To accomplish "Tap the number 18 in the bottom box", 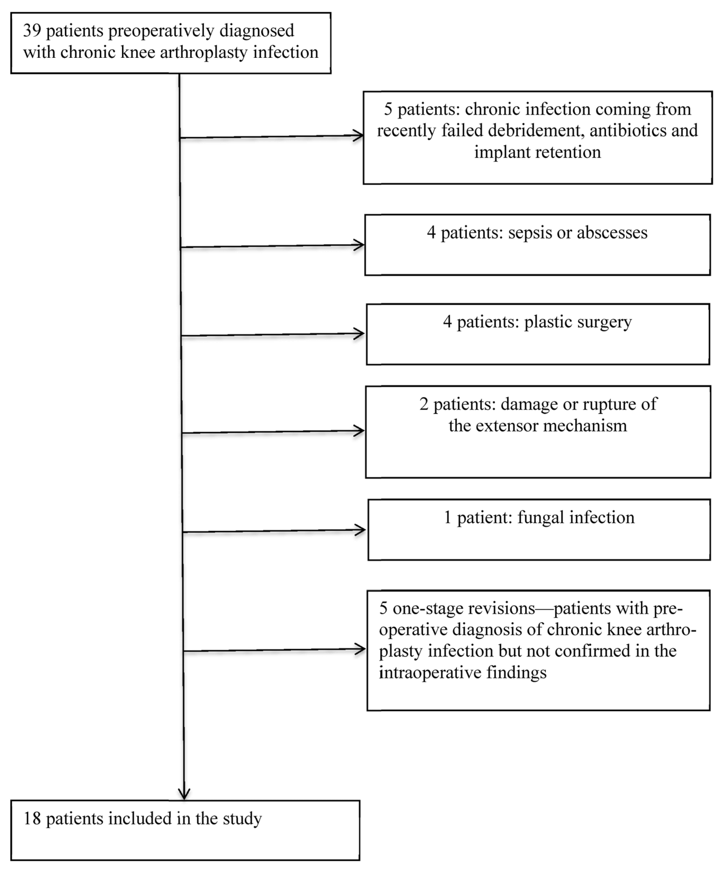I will [32, 818].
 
